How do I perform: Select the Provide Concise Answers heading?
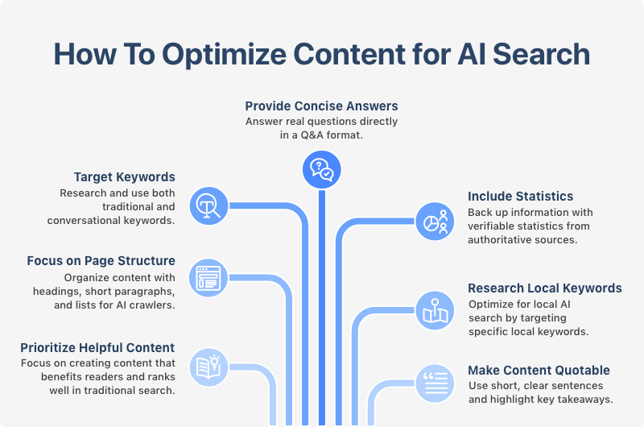click(x=321, y=106)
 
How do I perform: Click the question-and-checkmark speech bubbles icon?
click(x=321, y=170)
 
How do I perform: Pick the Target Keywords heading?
click(x=124, y=176)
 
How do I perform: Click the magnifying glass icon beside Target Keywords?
click(x=209, y=205)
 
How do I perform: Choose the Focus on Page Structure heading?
click(x=101, y=260)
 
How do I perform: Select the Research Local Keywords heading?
click(x=545, y=288)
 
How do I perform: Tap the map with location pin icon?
click(x=436, y=309)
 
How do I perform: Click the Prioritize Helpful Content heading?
click(x=97, y=347)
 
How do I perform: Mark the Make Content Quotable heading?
click(x=539, y=371)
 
